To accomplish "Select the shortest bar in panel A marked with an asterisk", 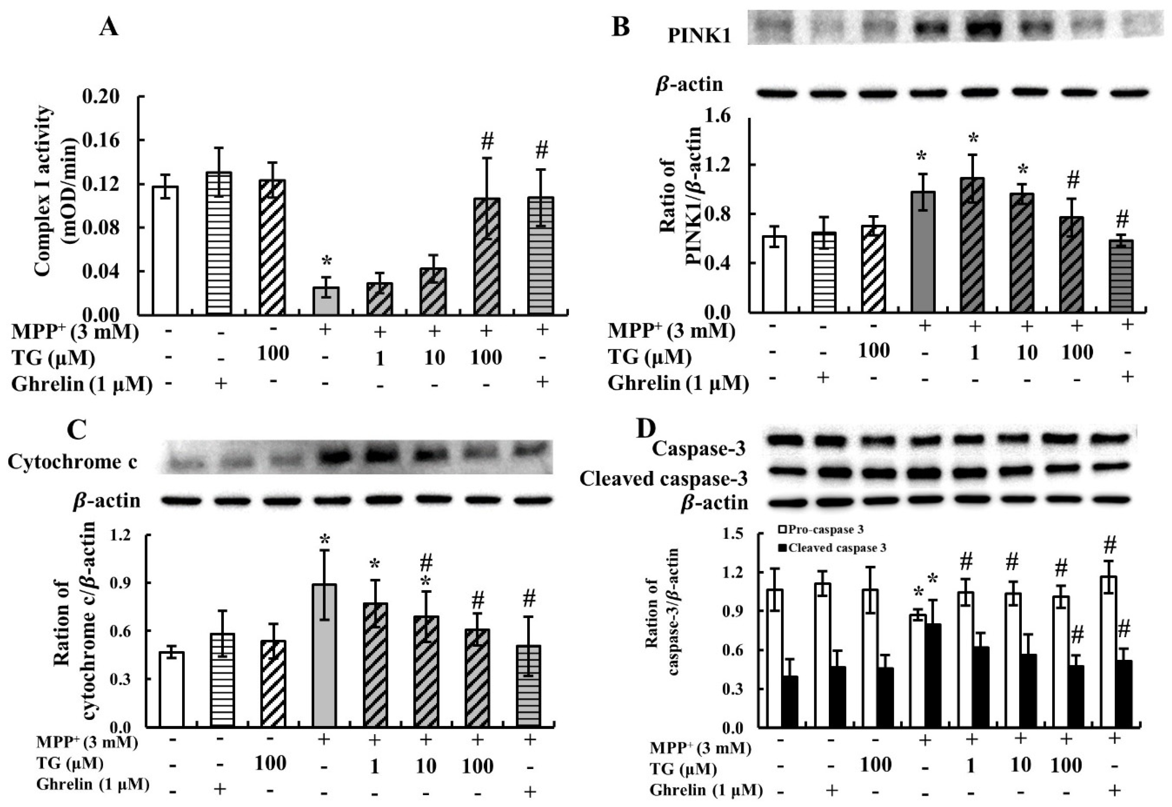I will [326, 300].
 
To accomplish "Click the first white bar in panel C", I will [171, 690].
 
